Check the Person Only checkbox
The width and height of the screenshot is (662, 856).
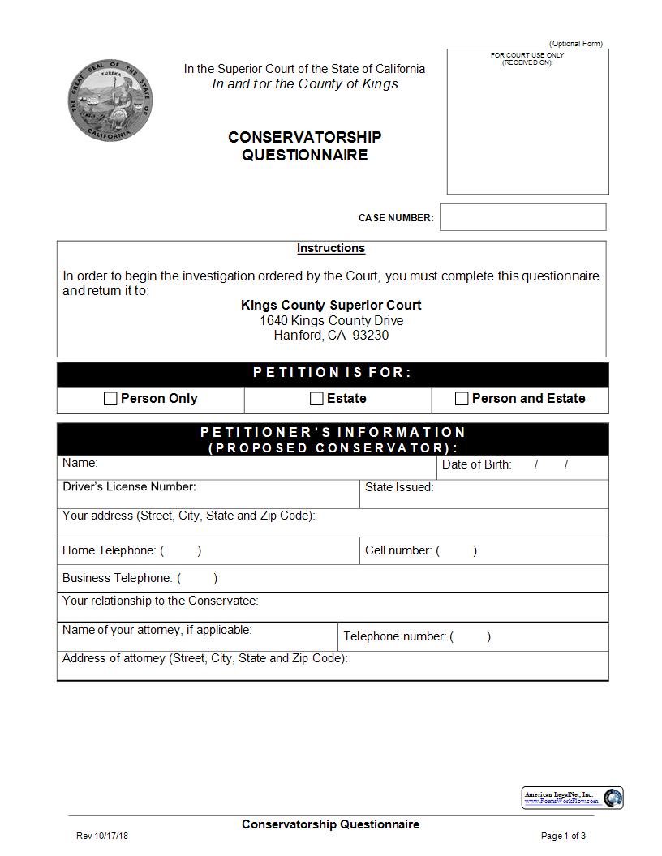tap(110, 399)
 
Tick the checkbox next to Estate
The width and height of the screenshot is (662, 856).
tap(316, 399)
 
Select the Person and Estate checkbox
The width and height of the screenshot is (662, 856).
tap(462, 399)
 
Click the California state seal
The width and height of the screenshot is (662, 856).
tap(110, 101)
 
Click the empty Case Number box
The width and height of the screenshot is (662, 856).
tap(522, 217)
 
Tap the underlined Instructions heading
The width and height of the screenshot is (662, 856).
tap(330, 249)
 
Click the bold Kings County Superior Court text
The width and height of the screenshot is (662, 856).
tap(331, 306)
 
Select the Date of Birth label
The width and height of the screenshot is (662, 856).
tap(476, 465)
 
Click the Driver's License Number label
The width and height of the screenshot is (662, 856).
tap(129, 487)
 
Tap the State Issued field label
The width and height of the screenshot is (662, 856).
tap(399, 488)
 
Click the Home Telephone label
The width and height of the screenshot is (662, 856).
tap(109, 550)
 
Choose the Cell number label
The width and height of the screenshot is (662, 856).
tap(398, 550)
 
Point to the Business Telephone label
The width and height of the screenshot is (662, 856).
tap(117, 579)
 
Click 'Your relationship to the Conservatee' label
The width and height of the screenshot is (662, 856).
tap(160, 601)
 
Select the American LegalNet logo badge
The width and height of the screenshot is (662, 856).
tap(572, 798)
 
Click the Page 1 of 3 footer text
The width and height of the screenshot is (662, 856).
tap(563, 836)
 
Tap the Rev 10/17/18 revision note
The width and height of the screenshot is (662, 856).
tap(102, 836)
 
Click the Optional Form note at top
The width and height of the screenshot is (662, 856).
tap(576, 44)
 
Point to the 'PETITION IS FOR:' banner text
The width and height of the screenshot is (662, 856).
tap(332, 373)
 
